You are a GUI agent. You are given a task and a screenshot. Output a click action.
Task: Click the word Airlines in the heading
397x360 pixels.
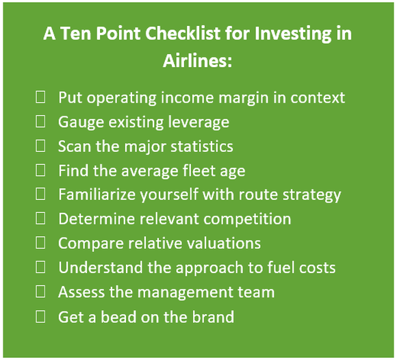point(198,61)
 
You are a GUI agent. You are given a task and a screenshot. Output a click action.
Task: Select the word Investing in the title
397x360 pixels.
point(290,34)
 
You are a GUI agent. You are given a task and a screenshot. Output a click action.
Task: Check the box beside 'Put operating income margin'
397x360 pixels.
point(41,97)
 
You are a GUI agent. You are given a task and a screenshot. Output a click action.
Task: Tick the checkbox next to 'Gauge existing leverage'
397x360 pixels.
point(41,122)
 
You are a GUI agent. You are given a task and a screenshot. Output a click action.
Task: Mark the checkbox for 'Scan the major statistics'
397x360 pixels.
point(41,146)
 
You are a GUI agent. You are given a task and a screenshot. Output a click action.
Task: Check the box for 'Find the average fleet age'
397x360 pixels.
point(41,170)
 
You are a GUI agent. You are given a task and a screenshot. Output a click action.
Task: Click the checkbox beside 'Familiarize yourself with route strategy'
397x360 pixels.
point(41,194)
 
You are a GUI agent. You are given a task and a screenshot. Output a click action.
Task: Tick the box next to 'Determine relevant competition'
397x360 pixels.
point(41,219)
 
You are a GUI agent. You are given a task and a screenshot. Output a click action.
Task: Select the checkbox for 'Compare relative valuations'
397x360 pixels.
point(41,243)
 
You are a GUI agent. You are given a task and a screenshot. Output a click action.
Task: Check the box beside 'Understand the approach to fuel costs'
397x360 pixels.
point(41,268)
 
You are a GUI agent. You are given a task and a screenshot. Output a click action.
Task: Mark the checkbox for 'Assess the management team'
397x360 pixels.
point(41,292)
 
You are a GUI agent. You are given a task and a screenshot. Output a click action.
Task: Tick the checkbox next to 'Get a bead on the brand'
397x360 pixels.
point(41,316)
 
